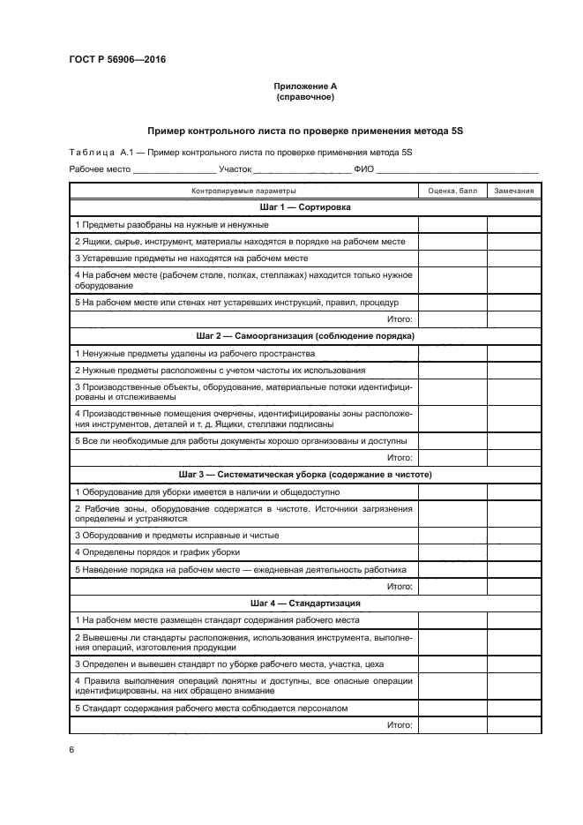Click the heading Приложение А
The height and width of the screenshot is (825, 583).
pyautogui.click(x=305, y=86)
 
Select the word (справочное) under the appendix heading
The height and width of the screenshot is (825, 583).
pyautogui.click(x=305, y=97)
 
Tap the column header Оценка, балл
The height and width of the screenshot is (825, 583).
pyautogui.click(x=452, y=191)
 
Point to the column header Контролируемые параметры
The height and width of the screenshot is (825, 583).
pyautogui.click(x=243, y=191)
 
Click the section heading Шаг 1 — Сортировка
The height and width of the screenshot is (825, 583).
pyautogui.click(x=305, y=207)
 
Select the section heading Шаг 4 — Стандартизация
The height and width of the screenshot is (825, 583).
pyautogui.click(x=305, y=604)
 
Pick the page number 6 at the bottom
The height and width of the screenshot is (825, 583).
pyautogui.click(x=71, y=749)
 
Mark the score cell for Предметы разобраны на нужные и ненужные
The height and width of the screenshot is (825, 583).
pyautogui.click(x=452, y=225)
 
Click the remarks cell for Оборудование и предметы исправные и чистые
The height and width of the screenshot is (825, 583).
pyautogui.click(x=513, y=535)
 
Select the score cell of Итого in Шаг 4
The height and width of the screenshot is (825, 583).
pyautogui.click(x=452, y=724)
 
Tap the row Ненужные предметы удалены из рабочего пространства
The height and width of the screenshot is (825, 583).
pyautogui.click(x=189, y=353)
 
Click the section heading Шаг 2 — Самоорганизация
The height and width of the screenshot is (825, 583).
pyautogui.click(x=305, y=336)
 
